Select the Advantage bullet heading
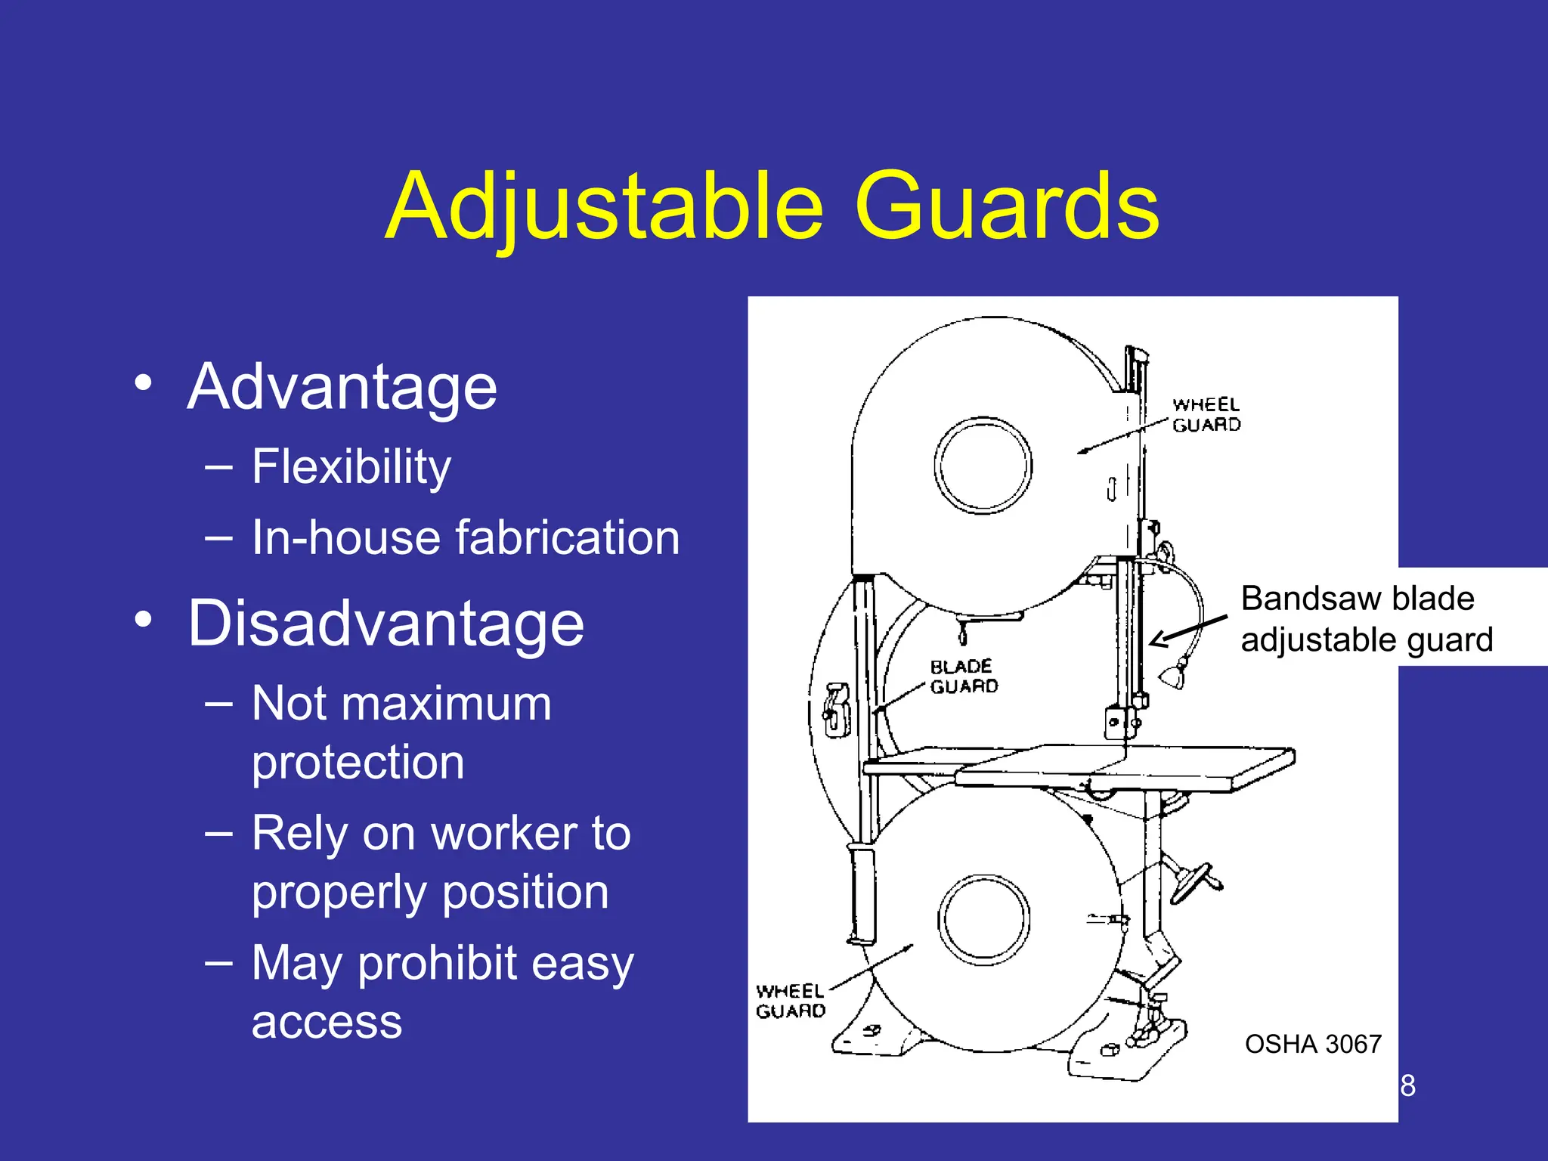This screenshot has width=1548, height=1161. click(x=342, y=387)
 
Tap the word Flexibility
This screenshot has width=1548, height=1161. click(x=351, y=466)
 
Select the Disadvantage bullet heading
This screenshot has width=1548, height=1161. click(x=385, y=624)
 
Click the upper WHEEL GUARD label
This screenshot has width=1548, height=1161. click(x=1206, y=415)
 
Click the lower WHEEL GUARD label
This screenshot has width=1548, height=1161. click(x=790, y=1001)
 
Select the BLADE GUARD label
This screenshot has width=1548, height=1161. click(x=963, y=676)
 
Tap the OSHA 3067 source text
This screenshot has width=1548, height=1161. click(x=1313, y=1044)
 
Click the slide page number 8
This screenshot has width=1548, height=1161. click(x=1407, y=1085)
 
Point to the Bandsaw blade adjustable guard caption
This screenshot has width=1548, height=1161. click(x=1366, y=618)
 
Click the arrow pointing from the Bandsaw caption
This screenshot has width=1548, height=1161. click(x=1187, y=630)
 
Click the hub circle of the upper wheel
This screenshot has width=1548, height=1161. click(x=983, y=465)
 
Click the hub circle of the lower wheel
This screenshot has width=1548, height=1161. click(x=983, y=920)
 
